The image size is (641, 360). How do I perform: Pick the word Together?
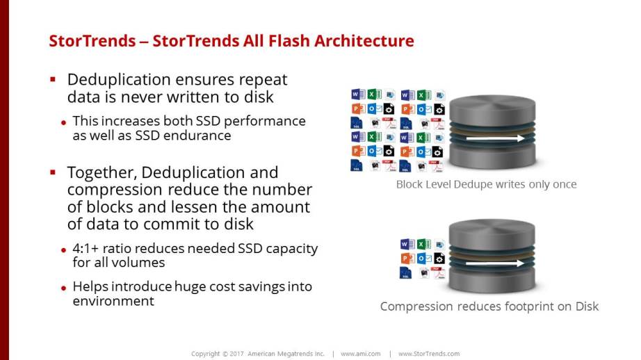(x=102, y=172)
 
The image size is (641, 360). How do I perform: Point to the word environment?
(x=113, y=301)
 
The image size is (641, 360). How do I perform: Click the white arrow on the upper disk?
(x=495, y=138)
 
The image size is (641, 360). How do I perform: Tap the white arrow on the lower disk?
(x=494, y=263)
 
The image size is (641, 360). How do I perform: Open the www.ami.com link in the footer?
(x=361, y=354)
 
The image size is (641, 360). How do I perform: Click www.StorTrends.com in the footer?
(x=429, y=354)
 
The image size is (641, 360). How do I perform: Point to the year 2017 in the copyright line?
(x=236, y=354)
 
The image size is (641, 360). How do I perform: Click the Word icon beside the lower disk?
(x=407, y=245)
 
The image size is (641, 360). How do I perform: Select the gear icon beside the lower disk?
(x=439, y=259)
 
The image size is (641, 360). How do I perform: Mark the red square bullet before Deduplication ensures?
(x=53, y=79)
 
